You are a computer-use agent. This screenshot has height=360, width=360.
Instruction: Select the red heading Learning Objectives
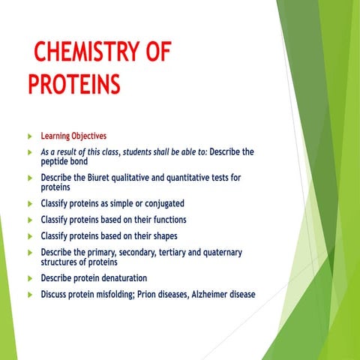pyautogui.click(x=73, y=136)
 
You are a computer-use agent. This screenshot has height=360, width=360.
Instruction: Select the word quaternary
pyautogui.click(x=217, y=253)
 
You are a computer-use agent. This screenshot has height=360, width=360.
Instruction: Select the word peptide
pyautogui.click(x=58, y=161)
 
